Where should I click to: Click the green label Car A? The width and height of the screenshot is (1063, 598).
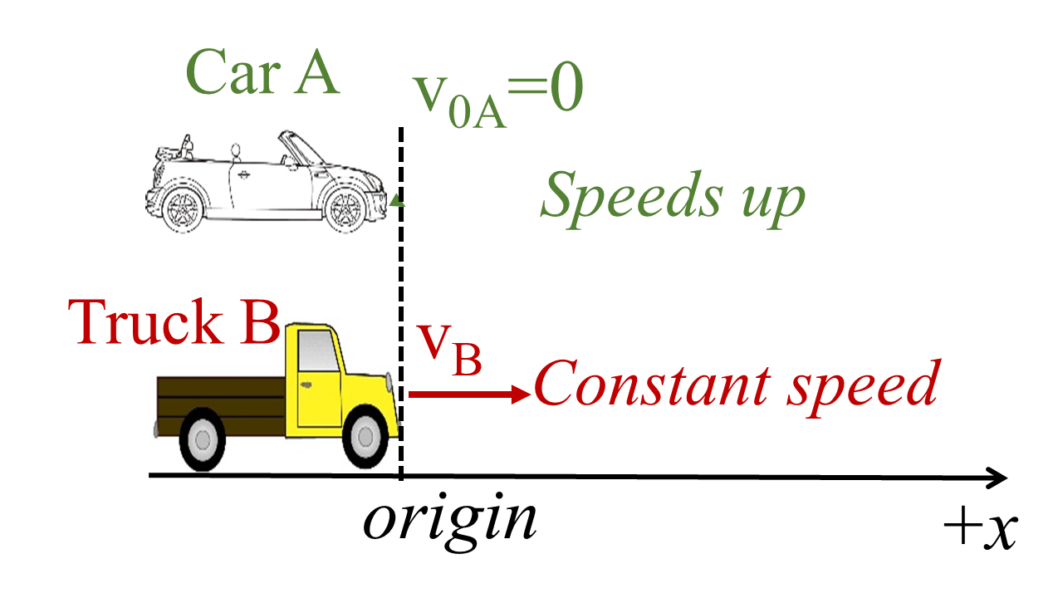tap(262, 72)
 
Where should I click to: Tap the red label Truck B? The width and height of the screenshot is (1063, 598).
tap(175, 322)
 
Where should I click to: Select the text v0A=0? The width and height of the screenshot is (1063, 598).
tap(499, 100)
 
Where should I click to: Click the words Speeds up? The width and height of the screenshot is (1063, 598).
tap(673, 199)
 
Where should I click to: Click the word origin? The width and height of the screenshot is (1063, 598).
tap(449, 521)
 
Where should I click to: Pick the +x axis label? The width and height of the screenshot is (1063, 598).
tap(981, 528)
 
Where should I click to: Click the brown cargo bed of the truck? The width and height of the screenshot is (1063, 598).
tap(220, 397)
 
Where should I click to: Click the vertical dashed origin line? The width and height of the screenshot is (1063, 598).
tap(402, 274)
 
